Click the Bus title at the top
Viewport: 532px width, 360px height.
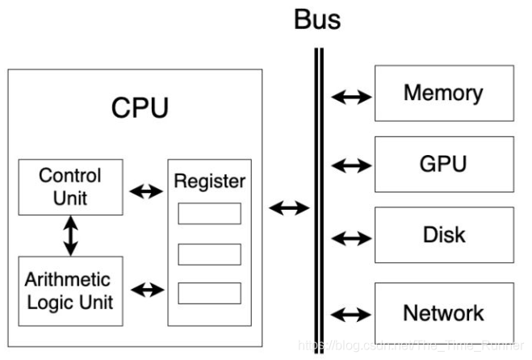(x=317, y=19)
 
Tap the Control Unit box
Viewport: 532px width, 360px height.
(x=70, y=186)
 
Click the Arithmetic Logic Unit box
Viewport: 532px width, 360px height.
(x=70, y=291)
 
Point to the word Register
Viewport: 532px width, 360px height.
(x=209, y=181)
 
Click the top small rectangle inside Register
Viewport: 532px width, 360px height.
(x=209, y=213)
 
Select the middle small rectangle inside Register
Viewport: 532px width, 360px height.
(x=209, y=253)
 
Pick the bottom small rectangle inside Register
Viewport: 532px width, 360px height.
(x=209, y=292)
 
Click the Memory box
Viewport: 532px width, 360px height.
(x=443, y=93)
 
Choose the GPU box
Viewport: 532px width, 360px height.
(x=443, y=164)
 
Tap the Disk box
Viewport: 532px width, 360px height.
(x=443, y=235)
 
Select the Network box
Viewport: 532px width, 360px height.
(x=443, y=312)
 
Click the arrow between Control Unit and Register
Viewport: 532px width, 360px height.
(x=145, y=192)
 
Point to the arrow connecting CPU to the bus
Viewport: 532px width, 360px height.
(x=289, y=208)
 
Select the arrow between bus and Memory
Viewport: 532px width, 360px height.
(x=351, y=97)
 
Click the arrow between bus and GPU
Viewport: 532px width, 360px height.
(x=351, y=167)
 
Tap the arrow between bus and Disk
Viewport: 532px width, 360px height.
(x=351, y=239)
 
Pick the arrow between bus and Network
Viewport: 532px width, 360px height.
(x=351, y=314)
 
